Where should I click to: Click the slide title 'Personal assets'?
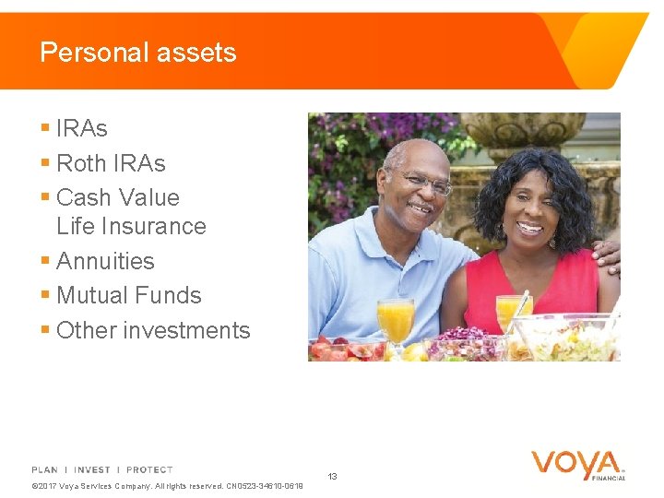(138, 53)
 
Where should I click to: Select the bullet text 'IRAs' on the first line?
(82, 128)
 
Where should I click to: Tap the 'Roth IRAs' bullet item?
(111, 163)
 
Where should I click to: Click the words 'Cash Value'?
(118, 197)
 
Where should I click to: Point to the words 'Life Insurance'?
(131, 226)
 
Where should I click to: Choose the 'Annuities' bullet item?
(105, 261)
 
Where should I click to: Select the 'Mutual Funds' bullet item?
(128, 295)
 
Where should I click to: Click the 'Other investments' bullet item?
(153, 330)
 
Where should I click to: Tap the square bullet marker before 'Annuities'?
(45, 261)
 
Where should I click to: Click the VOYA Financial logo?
(577, 465)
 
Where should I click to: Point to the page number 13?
(332, 477)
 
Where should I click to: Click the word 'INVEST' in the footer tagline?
(92, 470)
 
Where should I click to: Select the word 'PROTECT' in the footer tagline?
(149, 470)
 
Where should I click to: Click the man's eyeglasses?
(426, 184)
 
